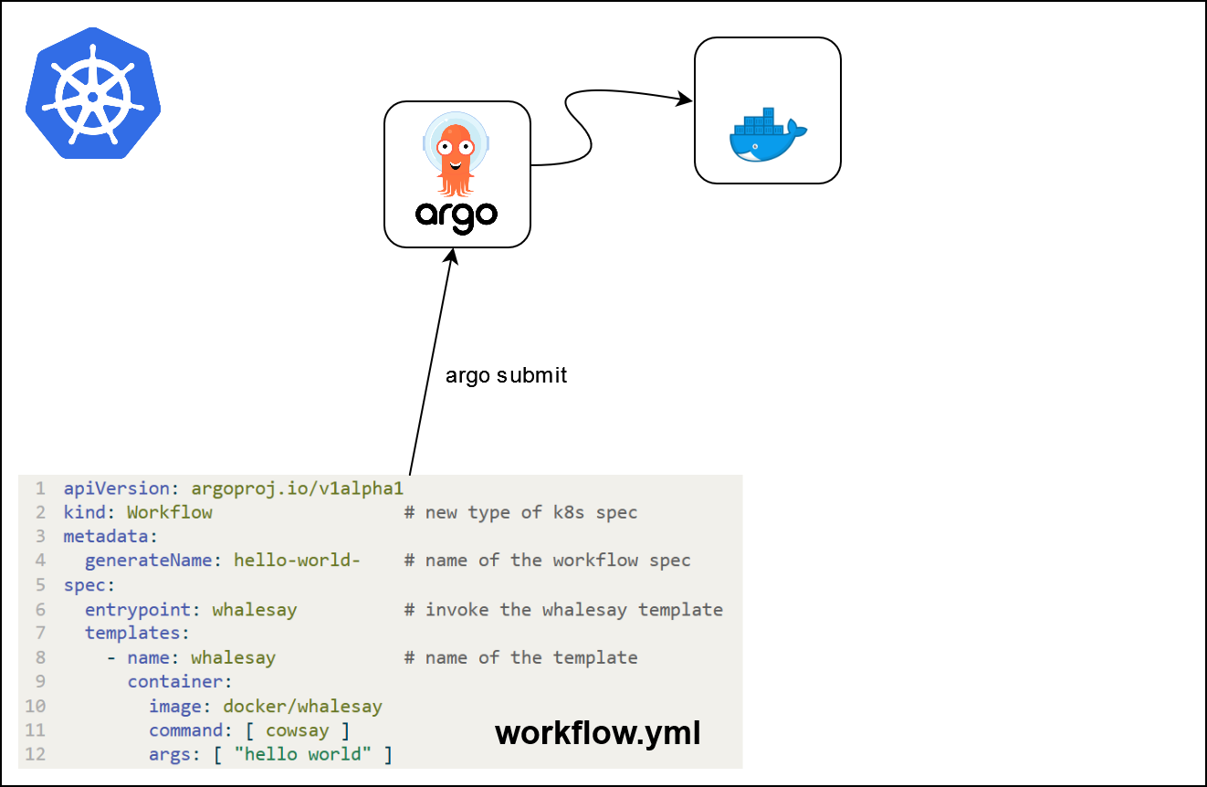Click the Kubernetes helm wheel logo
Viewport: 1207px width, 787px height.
click(x=93, y=94)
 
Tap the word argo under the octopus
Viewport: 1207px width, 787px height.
click(x=457, y=215)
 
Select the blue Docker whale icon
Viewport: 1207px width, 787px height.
click(x=768, y=136)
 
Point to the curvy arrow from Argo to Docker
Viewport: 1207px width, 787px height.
click(x=584, y=128)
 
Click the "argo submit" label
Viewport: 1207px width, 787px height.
click(x=506, y=375)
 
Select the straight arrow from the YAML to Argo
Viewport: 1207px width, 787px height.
click(x=430, y=365)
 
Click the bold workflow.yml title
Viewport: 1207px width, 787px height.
click(x=598, y=732)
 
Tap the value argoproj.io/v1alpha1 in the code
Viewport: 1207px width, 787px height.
click(x=298, y=488)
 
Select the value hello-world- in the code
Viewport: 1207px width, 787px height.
click(x=298, y=561)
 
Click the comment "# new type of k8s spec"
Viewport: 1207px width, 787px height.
click(x=520, y=512)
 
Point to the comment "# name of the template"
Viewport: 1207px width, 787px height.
click(x=520, y=657)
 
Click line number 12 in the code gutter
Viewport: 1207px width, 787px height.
click(x=36, y=755)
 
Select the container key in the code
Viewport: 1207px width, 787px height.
click(x=175, y=682)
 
